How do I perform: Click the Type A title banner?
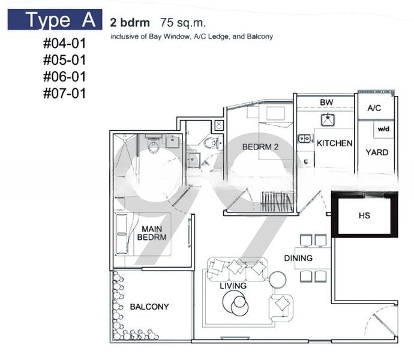pos(55,20)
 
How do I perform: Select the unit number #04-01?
pos(65,43)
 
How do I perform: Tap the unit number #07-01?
pos(65,94)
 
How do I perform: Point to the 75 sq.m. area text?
pos(183,23)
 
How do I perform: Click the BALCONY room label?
pos(149,307)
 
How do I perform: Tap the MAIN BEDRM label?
pos(152,233)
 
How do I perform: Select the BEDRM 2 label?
pos(260,147)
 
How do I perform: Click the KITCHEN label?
pos(335,143)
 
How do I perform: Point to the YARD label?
pos(377,152)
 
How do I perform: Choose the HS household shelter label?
pos(364,215)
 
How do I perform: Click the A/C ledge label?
pos(374,108)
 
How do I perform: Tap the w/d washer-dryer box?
pos(383,130)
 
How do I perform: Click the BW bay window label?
pos(326,102)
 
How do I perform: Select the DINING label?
pos(298,258)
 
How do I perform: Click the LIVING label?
pos(233,286)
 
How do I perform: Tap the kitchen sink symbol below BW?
pos(328,119)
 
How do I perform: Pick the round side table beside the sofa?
pos(277,280)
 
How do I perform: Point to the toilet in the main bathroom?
pos(153,144)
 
